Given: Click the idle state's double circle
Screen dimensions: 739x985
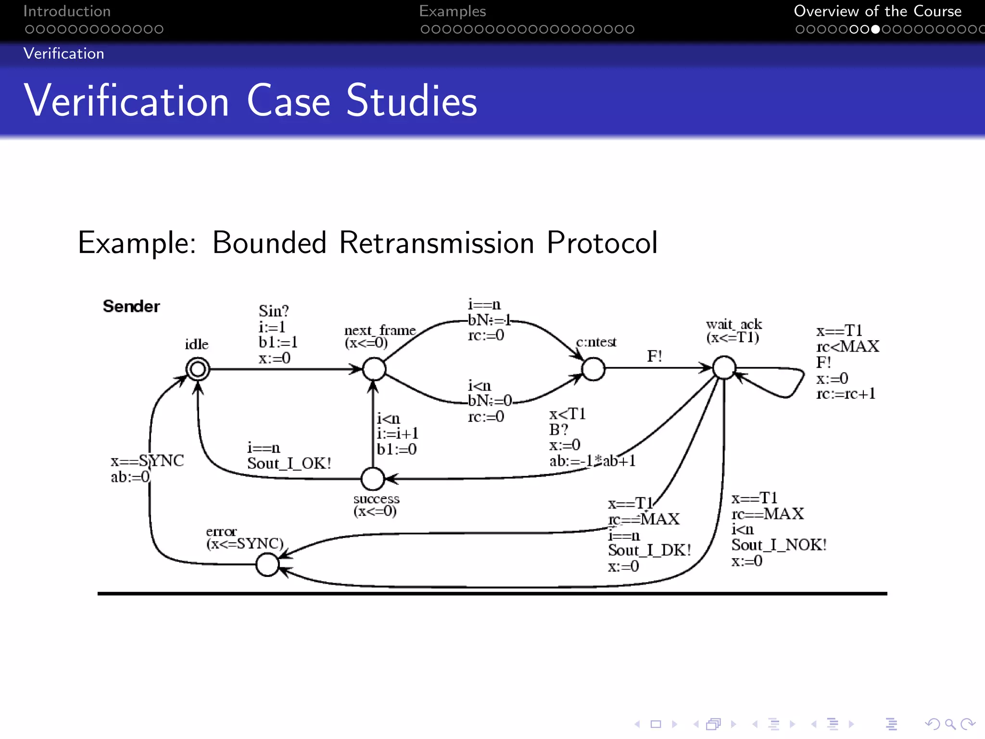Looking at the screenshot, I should (198, 369).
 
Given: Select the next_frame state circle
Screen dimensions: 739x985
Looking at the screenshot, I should (374, 369).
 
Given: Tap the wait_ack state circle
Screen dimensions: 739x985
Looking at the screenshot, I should (724, 368).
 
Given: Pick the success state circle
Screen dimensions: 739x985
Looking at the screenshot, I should (373, 479).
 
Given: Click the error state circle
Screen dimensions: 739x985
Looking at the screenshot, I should (267, 564).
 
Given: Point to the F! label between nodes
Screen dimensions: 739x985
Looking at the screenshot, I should (654, 357).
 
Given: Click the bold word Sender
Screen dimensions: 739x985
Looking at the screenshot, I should (131, 306).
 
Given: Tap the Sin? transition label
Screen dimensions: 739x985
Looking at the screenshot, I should (273, 311).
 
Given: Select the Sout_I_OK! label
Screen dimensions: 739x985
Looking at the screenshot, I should (289, 463).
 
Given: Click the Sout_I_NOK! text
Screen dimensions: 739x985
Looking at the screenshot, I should (779, 545).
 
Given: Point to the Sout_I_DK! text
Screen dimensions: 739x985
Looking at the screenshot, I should (649, 550).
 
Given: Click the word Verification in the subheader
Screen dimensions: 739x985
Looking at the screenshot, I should (63, 53).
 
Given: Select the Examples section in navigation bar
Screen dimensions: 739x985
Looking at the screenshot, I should (452, 11).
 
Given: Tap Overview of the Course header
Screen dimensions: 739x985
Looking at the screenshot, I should (877, 11).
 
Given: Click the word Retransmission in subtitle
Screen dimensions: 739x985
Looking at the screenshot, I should (436, 242).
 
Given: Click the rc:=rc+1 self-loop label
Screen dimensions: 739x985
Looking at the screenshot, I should (846, 394).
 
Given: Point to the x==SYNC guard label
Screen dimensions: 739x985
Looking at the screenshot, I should (147, 461).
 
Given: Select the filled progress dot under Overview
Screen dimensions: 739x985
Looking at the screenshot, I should (875, 29).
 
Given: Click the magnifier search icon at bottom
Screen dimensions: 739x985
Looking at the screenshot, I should (949, 724).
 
